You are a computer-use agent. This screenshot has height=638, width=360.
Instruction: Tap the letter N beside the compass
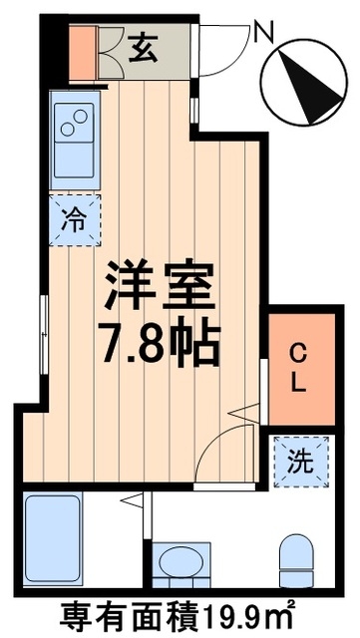coord(263,35)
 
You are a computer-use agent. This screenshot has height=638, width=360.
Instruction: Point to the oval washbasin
coord(180,563)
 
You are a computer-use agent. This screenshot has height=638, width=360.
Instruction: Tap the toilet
coord(296,560)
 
